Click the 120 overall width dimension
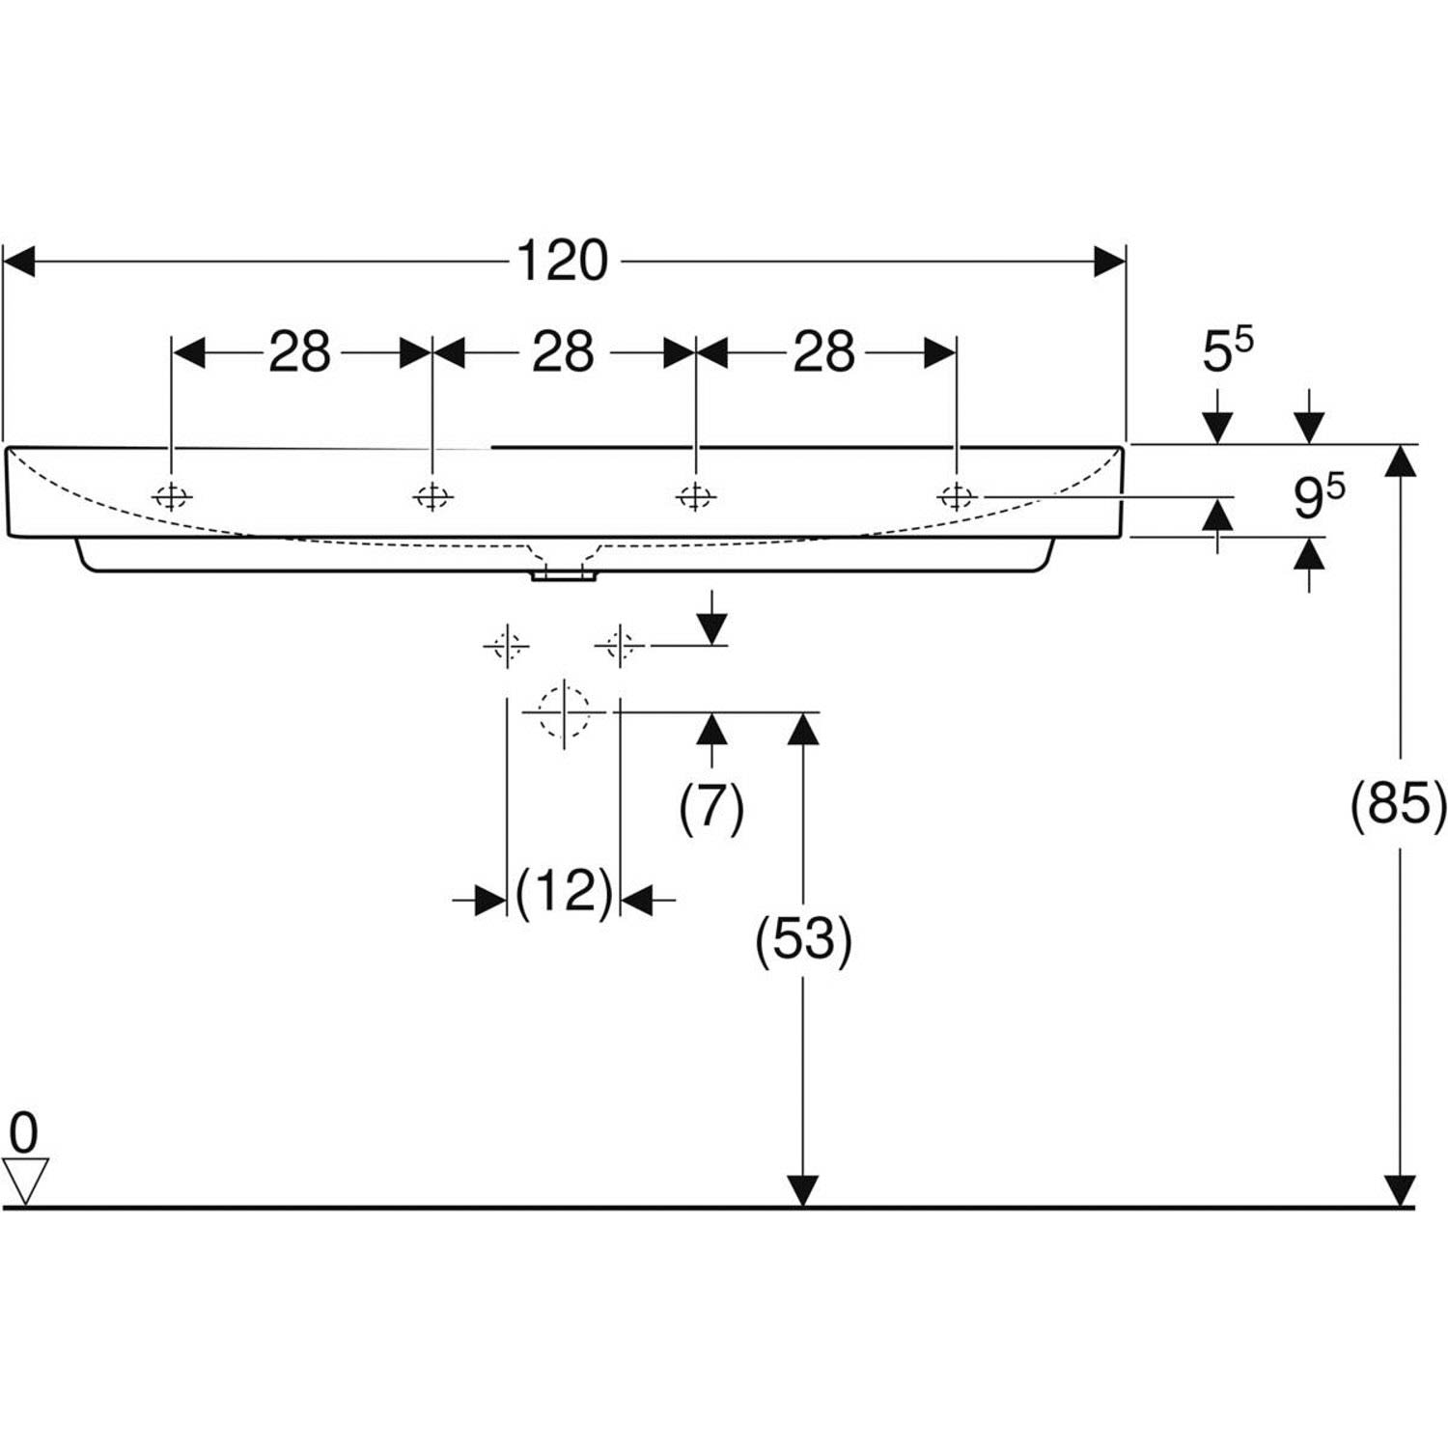pos(563,261)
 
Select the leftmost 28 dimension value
pos(299,352)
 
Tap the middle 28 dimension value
pos(563,352)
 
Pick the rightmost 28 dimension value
pos(823,352)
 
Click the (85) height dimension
pos(1398,803)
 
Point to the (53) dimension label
pos(803,939)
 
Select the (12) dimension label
pos(564,892)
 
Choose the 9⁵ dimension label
pos(1318,496)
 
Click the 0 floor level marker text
pos(23,1131)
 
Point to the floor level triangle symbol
pos(25,1181)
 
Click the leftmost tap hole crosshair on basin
pos(171,496)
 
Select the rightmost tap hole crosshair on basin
pos(957,496)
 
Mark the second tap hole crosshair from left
pos(432,496)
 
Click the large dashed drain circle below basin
pos(564,712)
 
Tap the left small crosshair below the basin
pos(507,644)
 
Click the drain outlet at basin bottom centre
pos(564,576)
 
